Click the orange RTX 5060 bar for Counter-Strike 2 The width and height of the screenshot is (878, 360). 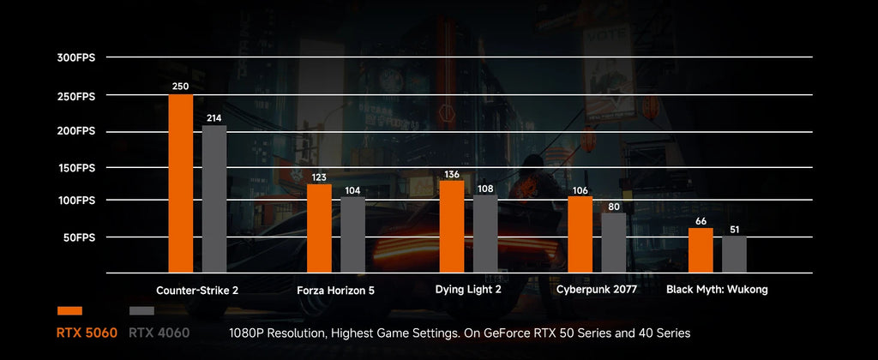click(x=181, y=183)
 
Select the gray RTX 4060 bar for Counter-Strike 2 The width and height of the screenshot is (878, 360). click(x=214, y=199)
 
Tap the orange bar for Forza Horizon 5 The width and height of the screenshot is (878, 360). click(x=319, y=229)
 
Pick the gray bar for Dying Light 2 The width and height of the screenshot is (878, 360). click(x=485, y=234)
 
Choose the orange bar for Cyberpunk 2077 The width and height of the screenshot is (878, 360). click(x=580, y=235)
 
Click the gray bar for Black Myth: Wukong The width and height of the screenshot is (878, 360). click(x=734, y=255)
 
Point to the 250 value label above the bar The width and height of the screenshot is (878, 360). click(x=181, y=87)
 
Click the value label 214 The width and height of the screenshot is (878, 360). click(x=214, y=118)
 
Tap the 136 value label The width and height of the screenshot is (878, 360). click(x=452, y=175)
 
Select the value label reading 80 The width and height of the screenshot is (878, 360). click(x=614, y=207)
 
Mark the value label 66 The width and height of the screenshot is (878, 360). click(x=701, y=221)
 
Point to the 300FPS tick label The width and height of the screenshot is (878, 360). click(x=76, y=57)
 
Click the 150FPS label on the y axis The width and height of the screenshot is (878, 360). click(x=76, y=168)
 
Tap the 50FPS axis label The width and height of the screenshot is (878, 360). click(x=79, y=238)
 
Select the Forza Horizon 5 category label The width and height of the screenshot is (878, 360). click(x=335, y=291)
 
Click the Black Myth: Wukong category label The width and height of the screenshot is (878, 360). click(x=717, y=290)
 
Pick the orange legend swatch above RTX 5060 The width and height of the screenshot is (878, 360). click(x=69, y=311)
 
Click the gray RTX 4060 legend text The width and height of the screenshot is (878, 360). click(x=159, y=333)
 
